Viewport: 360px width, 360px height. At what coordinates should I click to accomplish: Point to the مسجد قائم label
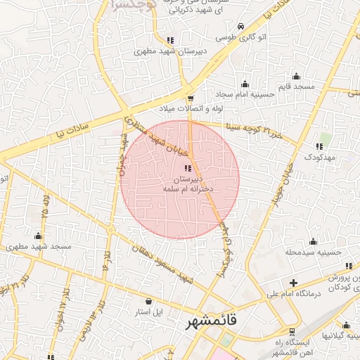click(x=297, y=86)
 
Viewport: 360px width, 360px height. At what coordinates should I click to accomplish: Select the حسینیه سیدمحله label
click(x=313, y=251)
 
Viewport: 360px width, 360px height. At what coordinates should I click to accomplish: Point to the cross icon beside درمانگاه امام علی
click(x=293, y=282)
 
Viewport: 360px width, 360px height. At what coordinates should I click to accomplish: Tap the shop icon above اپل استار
click(x=148, y=300)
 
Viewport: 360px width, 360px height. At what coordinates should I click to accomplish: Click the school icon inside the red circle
click(x=188, y=167)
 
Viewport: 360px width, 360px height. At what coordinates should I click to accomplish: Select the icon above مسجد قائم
click(x=296, y=76)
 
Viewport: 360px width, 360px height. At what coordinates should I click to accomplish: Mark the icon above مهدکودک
click(x=319, y=146)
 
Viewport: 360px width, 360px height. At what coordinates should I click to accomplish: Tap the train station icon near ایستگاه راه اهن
click(x=292, y=331)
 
